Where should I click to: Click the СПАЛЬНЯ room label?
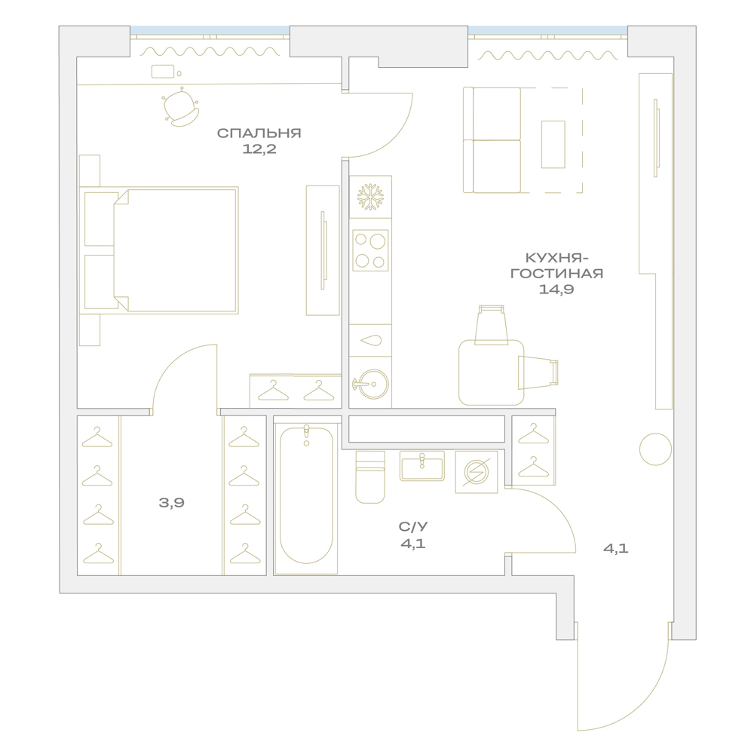tap(259, 133)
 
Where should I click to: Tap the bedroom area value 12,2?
tap(259, 149)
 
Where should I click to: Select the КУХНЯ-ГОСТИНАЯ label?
tap(556, 265)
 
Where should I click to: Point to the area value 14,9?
tap(556, 289)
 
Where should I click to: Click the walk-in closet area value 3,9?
tap(172, 503)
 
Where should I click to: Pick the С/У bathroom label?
tap(413, 527)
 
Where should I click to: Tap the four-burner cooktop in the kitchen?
tap(370, 250)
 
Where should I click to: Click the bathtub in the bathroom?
tap(306, 495)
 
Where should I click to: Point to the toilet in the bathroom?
tap(370, 477)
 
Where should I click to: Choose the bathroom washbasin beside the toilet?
tap(421, 466)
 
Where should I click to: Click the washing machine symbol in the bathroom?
tap(477, 472)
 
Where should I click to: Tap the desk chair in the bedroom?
tap(180, 107)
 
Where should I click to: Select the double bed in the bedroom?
tap(159, 250)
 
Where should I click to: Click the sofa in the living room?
tap(492, 140)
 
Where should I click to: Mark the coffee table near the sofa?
tap(553, 144)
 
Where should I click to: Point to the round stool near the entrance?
tap(655, 449)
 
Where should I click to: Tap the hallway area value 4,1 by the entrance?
tap(616, 549)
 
